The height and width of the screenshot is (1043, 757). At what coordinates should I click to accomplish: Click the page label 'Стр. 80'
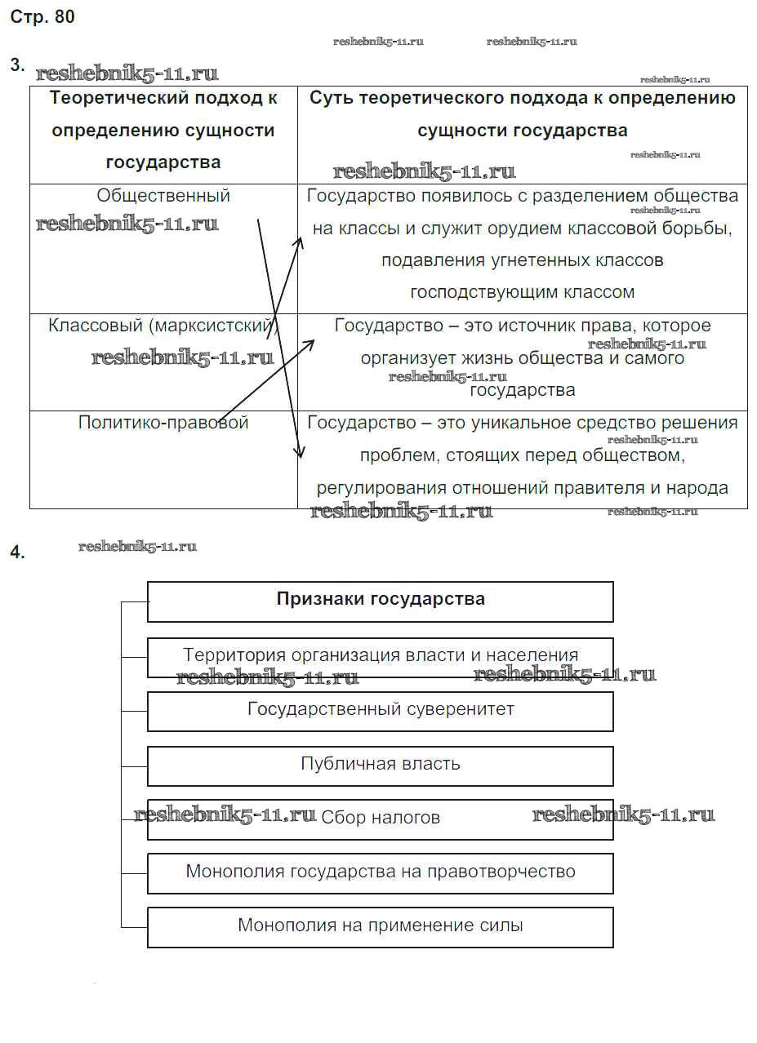[x=42, y=17]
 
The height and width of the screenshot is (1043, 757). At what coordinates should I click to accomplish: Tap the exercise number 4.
[x=17, y=553]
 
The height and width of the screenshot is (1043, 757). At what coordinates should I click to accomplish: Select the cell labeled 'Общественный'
[x=163, y=196]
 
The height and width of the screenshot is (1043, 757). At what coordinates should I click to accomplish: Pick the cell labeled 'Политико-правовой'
[x=163, y=423]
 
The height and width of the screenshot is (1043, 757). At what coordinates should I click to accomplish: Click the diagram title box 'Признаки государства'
[x=381, y=600]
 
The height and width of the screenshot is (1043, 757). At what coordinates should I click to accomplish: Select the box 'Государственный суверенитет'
[x=381, y=709]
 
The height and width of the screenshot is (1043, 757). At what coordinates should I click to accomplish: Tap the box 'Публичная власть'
[x=381, y=765]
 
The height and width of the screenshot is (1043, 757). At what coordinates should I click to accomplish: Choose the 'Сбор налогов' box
[x=381, y=818]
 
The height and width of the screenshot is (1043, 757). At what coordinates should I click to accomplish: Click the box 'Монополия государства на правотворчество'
[x=381, y=872]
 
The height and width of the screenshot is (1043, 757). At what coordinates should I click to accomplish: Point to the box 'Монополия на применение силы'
[x=381, y=926]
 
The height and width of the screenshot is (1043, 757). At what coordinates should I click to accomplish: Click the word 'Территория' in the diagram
[x=224, y=655]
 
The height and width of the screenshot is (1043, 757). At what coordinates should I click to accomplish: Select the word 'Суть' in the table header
[x=331, y=98]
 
